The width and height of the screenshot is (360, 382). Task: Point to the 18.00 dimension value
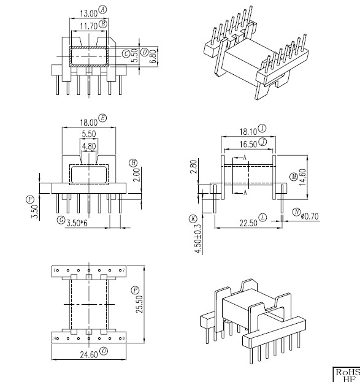[88, 120]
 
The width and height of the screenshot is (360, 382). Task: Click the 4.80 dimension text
[88, 146]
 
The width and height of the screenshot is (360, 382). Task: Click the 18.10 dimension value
[248, 131]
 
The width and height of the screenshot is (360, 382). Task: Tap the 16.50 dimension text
[248, 145]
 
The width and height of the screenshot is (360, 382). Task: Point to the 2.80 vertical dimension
[194, 167]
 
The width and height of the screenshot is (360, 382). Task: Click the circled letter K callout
[193, 218]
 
